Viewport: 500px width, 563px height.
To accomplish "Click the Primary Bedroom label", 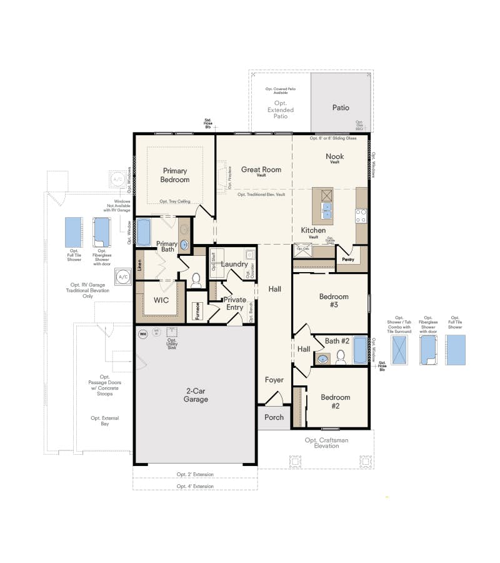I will (176, 175).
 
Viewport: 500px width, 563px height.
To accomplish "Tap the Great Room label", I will (261, 170).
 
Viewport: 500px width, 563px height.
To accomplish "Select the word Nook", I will (334, 156).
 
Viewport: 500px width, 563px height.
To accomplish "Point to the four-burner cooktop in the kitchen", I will (361, 216).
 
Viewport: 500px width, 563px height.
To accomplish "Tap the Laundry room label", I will (234, 265).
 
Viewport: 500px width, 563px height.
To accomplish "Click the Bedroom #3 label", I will (333, 300).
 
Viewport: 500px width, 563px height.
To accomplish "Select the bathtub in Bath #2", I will (361, 351).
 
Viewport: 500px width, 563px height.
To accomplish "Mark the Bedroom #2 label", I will (335, 401).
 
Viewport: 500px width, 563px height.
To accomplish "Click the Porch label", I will (274, 417).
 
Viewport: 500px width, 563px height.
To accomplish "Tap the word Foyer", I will (274, 380).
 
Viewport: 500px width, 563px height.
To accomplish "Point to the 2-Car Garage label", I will (196, 395).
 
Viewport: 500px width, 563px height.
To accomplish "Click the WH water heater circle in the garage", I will (142, 333).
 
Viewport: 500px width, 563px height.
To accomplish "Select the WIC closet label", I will (161, 300).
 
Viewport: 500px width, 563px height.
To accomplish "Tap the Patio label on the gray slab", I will (341, 108).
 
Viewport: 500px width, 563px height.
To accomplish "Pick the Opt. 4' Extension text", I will (194, 486).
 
